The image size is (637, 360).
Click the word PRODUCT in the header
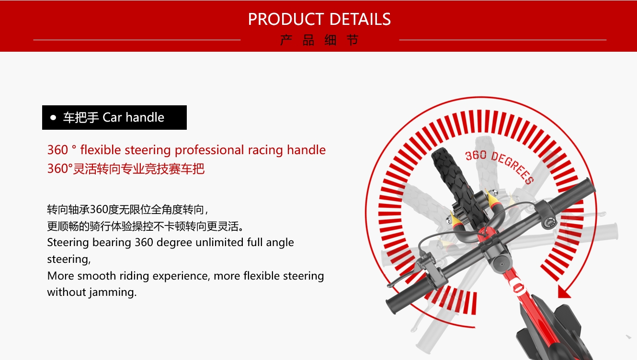(x=286, y=19)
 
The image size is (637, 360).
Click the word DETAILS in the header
(x=360, y=19)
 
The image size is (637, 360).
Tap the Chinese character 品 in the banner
(x=308, y=40)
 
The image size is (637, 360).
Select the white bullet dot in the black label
(x=53, y=118)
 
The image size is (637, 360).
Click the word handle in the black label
(x=145, y=117)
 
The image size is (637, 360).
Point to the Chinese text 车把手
(x=81, y=118)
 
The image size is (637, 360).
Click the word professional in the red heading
(x=209, y=150)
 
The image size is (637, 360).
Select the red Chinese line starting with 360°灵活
(x=125, y=169)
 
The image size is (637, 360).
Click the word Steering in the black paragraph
(x=68, y=243)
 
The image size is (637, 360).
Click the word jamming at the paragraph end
(x=113, y=292)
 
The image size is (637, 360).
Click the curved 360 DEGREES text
(x=500, y=166)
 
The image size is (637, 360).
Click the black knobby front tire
(x=455, y=185)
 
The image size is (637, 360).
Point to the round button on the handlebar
(x=549, y=221)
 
